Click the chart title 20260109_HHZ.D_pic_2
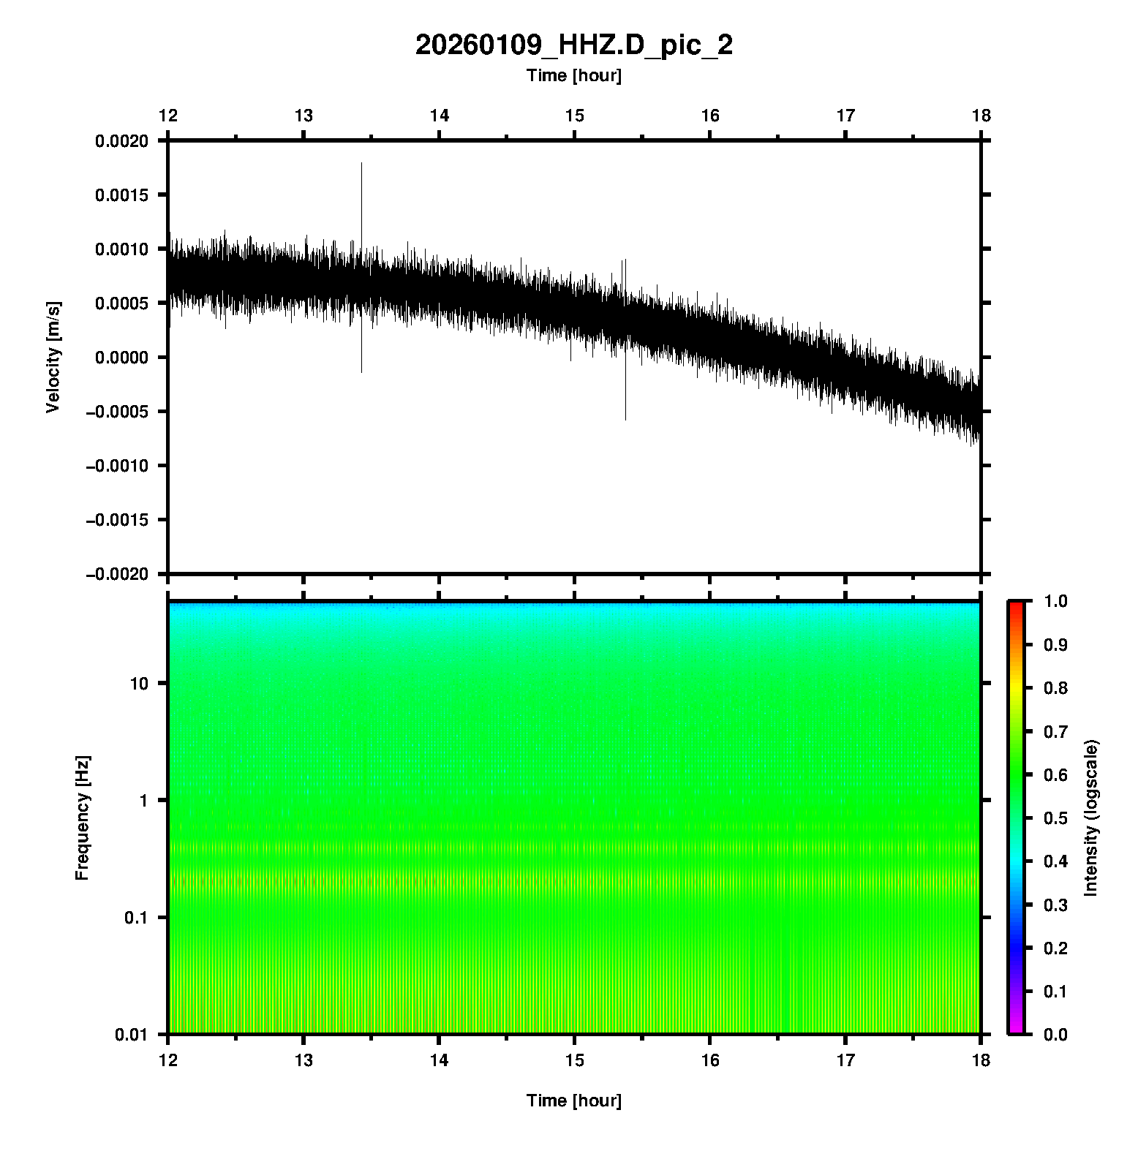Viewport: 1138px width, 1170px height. [x=573, y=45]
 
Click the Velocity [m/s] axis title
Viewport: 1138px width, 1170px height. [x=53, y=357]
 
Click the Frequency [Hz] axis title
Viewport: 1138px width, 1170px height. [x=82, y=818]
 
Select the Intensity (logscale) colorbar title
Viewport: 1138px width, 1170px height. [x=1091, y=818]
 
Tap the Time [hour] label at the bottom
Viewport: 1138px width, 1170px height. [x=573, y=1101]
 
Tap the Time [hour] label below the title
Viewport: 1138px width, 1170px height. [x=573, y=75]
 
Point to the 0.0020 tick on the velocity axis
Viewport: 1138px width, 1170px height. [x=121, y=141]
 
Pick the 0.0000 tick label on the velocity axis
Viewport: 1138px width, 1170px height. [x=121, y=358]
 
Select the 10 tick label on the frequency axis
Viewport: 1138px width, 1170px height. [x=139, y=684]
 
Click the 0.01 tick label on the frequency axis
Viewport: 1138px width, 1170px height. [x=132, y=1034]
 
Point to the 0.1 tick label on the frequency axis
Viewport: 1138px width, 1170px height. [x=135, y=918]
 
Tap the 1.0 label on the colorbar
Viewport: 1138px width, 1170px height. [x=1056, y=601]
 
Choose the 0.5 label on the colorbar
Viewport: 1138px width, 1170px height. [x=1056, y=818]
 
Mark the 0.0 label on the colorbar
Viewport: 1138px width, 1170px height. [x=1056, y=1034]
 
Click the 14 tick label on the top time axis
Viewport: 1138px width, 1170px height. [x=439, y=116]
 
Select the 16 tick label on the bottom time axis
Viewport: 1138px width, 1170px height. [x=710, y=1060]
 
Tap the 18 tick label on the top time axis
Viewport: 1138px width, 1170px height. [x=981, y=116]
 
